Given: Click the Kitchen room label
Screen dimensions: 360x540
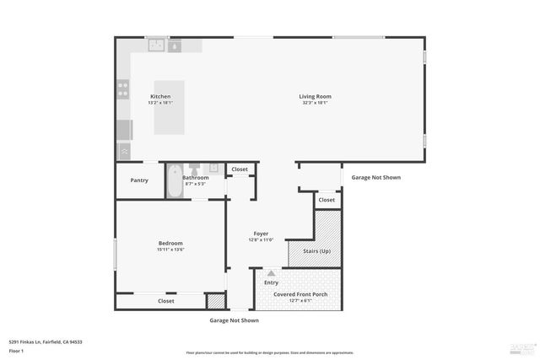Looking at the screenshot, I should (160, 96).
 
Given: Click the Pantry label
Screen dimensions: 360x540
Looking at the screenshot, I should (139, 180).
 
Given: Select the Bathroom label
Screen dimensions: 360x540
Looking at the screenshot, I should (196, 177).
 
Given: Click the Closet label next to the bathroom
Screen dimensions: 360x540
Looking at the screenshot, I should (240, 169).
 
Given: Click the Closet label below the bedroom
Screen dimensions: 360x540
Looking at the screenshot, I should (166, 300).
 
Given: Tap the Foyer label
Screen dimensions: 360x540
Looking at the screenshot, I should (262, 234).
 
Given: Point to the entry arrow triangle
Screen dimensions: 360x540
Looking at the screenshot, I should (271, 273).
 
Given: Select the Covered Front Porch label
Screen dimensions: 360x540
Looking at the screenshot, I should (300, 294).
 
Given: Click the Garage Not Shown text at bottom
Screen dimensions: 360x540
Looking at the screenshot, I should (234, 320).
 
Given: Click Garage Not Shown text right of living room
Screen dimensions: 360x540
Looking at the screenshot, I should (375, 177).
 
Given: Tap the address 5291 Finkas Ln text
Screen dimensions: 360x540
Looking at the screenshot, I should (46, 341).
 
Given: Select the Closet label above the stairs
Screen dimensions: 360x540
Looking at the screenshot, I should (327, 200).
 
